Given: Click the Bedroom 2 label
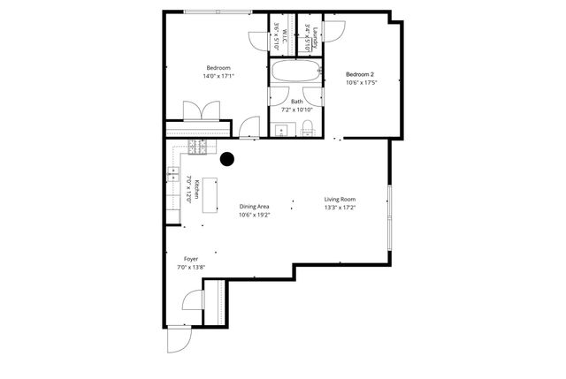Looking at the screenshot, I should click(x=361, y=74).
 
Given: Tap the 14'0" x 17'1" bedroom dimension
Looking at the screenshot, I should click(x=218, y=77).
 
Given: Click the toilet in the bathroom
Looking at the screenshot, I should click(x=308, y=131).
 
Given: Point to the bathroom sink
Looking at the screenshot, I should click(x=281, y=132).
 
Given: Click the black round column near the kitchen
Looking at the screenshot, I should click(x=227, y=160).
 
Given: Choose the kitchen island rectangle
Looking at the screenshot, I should click(x=210, y=200).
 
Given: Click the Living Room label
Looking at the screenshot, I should click(x=340, y=200).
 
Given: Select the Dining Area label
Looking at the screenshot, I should click(x=254, y=206).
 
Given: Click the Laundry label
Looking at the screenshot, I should click(x=315, y=38).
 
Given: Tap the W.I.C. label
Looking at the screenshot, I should click(x=286, y=38).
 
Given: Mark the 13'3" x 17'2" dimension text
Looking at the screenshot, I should click(x=340, y=208).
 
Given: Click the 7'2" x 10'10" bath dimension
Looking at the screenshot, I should click(x=296, y=110).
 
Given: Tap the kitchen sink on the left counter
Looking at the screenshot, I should click(x=172, y=173).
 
